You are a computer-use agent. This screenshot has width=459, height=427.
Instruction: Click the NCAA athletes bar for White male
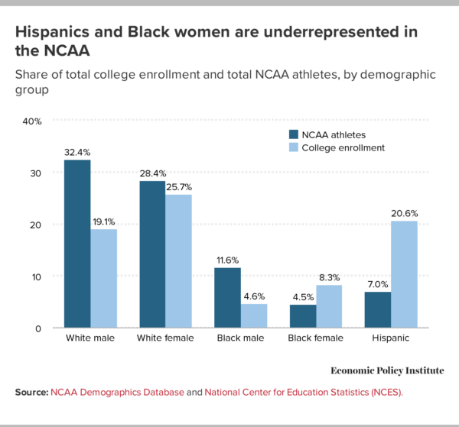pyautogui.click(x=77, y=244)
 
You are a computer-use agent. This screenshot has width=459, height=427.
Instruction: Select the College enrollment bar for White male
pyautogui.click(x=103, y=278)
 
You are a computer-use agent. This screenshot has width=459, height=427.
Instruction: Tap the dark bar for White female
pyautogui.click(x=151, y=254)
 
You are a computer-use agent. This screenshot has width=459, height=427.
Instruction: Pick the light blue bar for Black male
pyautogui.click(x=254, y=315)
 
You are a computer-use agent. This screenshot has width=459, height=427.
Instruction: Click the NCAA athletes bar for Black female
pyautogui.click(x=304, y=316)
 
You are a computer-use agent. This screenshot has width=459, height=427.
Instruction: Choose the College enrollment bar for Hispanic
pyautogui.click(x=405, y=274)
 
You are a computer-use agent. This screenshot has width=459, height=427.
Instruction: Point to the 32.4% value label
pyautogui.click(x=77, y=153)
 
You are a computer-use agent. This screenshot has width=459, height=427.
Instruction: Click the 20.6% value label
pyautogui.click(x=405, y=214)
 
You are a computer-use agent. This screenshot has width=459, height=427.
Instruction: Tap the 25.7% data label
pyautogui.click(x=179, y=188)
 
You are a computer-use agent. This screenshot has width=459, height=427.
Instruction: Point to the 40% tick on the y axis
pyautogui.click(x=31, y=121)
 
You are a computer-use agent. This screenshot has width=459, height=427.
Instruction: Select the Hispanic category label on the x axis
pyautogui.click(x=392, y=338)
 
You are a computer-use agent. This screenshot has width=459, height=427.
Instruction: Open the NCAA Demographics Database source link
pyautogui.click(x=117, y=392)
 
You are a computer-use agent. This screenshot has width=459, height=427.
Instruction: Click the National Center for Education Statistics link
pyautogui.click(x=304, y=392)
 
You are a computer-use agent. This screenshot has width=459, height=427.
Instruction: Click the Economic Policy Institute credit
pyautogui.click(x=387, y=370)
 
